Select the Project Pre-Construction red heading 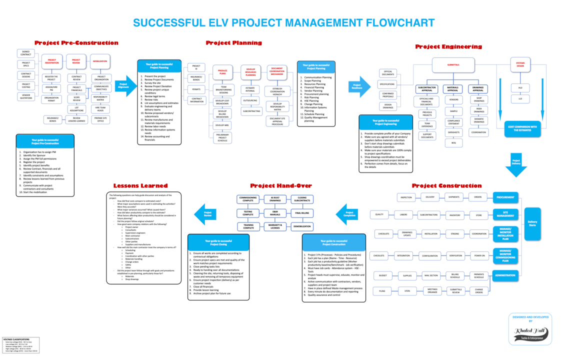click(x=76, y=43)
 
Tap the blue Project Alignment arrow click(x=125, y=85)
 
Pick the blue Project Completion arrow click(x=346, y=214)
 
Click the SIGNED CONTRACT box click(x=26, y=53)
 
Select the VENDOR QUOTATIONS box click(x=26, y=96)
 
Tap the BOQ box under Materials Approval click(x=453, y=143)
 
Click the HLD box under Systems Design click(x=520, y=88)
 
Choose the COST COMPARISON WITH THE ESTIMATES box click(x=522, y=128)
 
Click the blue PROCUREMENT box click(x=505, y=197)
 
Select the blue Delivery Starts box click(x=532, y=223)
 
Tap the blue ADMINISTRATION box click(x=505, y=275)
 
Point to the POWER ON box click(x=479, y=255)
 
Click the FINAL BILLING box click(x=302, y=213)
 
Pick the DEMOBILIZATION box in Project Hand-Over click(x=302, y=226)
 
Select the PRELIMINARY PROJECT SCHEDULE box click(x=222, y=137)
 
